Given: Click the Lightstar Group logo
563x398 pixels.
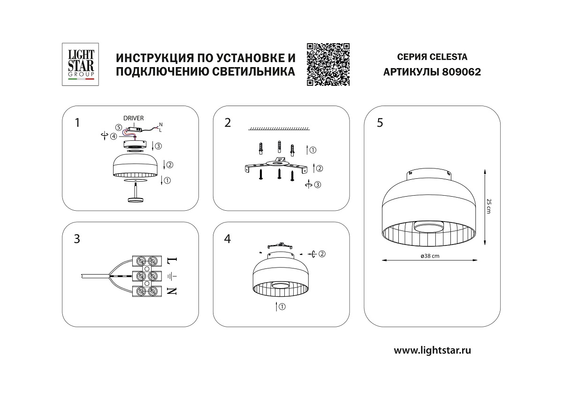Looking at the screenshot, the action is coord(80,64).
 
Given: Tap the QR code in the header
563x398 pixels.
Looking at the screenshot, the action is coord(328,64).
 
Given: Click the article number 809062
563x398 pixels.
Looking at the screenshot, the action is coord(461,72).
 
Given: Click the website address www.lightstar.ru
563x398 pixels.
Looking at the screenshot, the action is coord(432,350).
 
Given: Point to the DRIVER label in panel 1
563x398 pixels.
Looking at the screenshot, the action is coord(133,118).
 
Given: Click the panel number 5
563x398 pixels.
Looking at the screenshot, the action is coord(380,122).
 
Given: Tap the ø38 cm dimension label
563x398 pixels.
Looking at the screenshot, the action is coord(430,256).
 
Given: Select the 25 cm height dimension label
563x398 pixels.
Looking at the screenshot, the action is coord(488,206).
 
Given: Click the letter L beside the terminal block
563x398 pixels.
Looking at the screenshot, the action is coord(173,259).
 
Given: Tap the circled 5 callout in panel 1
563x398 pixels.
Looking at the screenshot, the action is coord(119,128).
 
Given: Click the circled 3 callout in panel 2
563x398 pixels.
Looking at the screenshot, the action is coord(318,185).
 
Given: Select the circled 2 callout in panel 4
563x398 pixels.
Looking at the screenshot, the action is coord(322,254).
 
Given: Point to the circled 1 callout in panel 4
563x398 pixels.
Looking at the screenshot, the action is coord(282,307).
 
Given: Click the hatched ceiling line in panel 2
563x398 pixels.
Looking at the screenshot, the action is coord(279,129).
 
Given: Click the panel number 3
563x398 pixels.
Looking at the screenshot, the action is coord(77,239).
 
